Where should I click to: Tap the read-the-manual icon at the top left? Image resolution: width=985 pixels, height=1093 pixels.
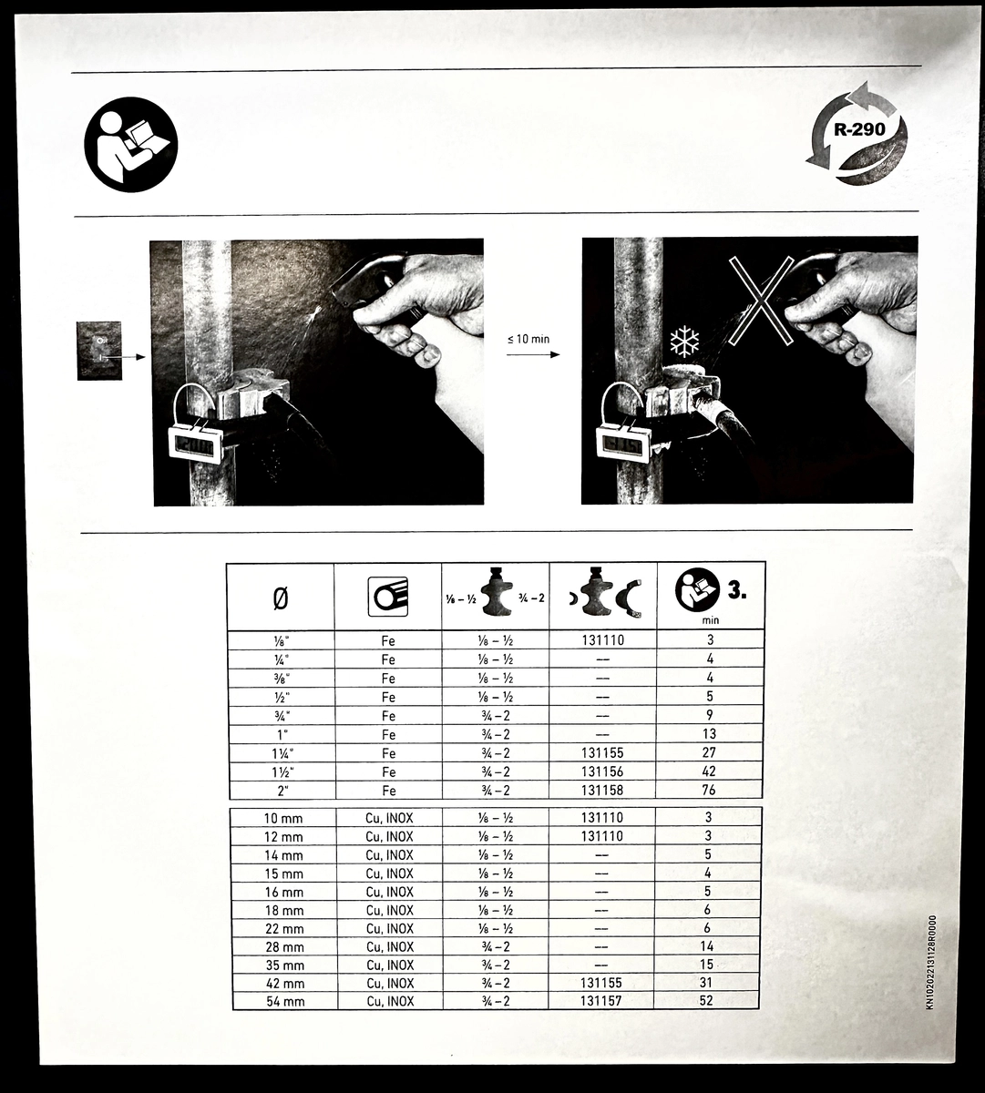point(131,145)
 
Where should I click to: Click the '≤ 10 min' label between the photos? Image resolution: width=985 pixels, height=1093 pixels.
point(528,340)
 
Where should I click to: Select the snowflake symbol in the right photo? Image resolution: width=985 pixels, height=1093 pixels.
point(684,342)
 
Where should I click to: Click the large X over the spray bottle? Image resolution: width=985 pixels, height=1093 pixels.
point(761,301)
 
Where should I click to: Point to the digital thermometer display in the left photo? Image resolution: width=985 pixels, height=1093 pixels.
point(195,444)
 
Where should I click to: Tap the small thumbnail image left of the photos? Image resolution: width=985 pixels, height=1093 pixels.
point(99,351)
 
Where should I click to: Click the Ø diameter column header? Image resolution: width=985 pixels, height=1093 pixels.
point(280,599)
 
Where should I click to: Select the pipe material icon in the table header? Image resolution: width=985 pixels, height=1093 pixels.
point(387,598)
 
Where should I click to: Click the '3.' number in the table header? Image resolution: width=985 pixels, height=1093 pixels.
point(737,591)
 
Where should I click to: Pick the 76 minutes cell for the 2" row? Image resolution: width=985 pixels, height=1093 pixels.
point(708,790)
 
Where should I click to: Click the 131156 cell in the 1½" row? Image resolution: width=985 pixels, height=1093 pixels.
point(601,771)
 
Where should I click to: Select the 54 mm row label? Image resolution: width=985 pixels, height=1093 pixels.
point(284,1002)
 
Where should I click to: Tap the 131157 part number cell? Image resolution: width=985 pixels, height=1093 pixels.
point(600,1000)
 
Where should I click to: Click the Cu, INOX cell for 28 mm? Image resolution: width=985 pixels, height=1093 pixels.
point(389,947)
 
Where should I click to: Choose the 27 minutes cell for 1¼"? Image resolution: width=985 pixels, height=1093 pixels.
point(708,752)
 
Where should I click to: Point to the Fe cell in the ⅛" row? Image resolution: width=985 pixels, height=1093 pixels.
point(387,640)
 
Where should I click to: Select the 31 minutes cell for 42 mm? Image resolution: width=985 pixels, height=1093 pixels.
point(706,983)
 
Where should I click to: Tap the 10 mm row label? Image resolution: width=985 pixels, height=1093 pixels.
point(282,819)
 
